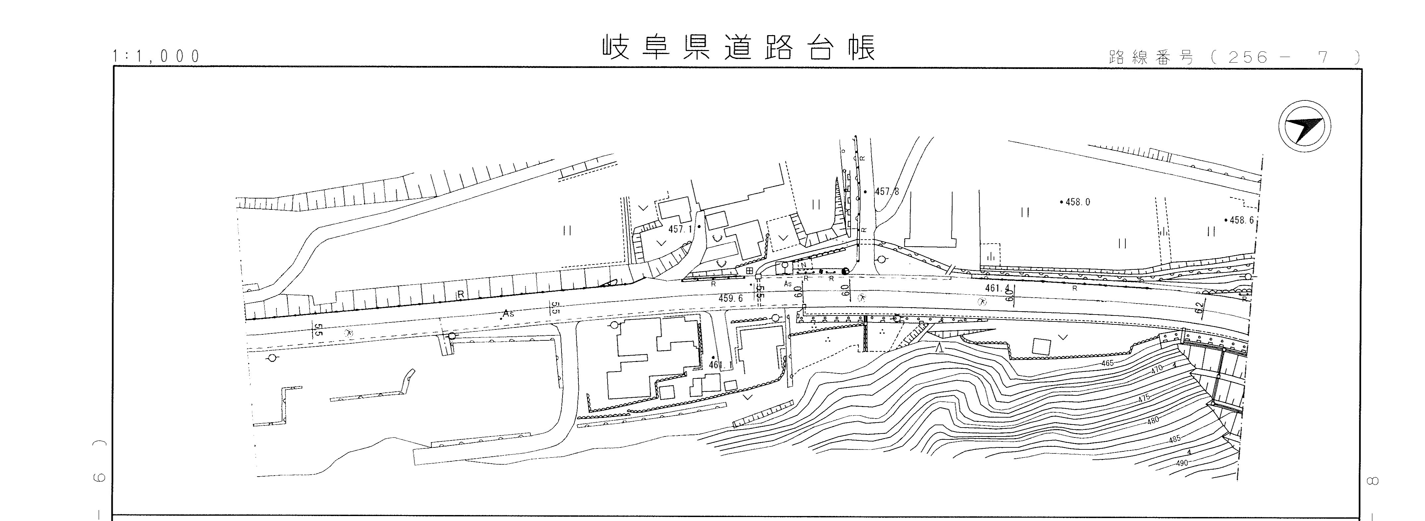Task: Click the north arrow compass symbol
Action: tap(1304, 126)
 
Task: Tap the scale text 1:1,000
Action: tap(156, 56)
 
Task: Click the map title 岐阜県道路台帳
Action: tap(739, 49)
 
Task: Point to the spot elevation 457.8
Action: tap(887, 192)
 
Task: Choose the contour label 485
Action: tap(1174, 439)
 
